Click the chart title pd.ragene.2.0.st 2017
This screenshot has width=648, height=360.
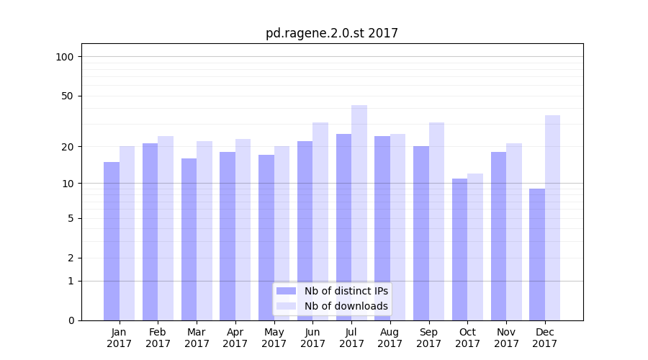(x=331, y=33)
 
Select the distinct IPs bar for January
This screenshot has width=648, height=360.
(x=112, y=241)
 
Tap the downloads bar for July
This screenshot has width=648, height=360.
(x=359, y=212)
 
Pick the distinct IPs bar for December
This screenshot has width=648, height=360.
(x=537, y=254)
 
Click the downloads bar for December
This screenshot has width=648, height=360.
(x=552, y=217)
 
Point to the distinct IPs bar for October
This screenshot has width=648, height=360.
(x=459, y=249)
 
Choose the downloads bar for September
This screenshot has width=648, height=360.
(x=436, y=221)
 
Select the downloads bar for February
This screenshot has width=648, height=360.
(x=166, y=228)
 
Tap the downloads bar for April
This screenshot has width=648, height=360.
(x=243, y=230)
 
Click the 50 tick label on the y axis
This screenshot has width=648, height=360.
(x=68, y=96)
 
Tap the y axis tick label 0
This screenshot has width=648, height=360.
(x=71, y=320)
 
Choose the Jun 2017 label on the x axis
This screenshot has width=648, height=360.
(x=312, y=338)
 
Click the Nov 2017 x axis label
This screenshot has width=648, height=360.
(x=506, y=338)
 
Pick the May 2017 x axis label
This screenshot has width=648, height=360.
(x=274, y=338)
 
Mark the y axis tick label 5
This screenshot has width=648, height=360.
(x=71, y=218)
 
